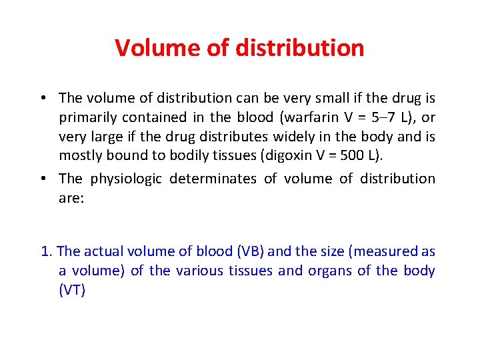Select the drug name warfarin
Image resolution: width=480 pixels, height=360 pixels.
click(311, 117)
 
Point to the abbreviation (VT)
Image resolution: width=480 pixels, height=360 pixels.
click(72, 290)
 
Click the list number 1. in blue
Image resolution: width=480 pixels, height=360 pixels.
click(47, 251)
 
